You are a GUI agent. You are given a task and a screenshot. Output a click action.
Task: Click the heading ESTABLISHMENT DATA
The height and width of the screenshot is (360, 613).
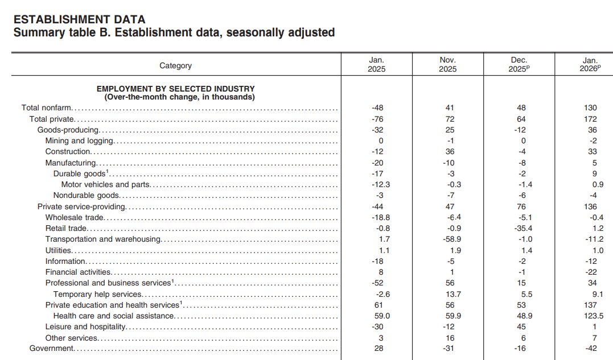coord(79,20)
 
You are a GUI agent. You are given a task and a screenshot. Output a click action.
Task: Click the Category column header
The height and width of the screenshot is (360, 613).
coord(175,66)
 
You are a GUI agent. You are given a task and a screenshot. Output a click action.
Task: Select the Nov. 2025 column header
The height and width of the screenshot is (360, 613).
coord(448,64)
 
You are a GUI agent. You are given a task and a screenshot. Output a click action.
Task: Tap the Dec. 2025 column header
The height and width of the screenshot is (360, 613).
coord(520,64)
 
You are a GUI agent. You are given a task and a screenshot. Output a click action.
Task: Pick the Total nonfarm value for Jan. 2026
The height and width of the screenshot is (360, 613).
coord(590,108)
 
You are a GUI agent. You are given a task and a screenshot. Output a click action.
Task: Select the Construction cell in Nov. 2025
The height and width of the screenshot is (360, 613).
coord(448,152)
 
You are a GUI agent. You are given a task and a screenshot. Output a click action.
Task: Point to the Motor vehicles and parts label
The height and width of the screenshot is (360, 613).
coord(105,184)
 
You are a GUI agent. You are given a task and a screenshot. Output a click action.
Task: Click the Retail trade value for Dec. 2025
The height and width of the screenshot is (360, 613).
coord(520,229)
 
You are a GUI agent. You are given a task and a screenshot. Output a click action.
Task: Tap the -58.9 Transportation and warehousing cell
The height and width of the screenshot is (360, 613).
coord(448,239)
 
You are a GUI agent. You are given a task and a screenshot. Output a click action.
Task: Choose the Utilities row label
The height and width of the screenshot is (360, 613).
coord(59,250)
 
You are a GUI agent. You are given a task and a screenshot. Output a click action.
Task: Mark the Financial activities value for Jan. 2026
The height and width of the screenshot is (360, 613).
coord(590,272)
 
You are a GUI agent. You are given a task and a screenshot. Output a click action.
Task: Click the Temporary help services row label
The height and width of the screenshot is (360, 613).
coord(97,294)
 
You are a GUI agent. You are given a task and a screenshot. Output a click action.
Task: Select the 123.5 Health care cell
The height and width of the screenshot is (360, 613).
coord(590,316)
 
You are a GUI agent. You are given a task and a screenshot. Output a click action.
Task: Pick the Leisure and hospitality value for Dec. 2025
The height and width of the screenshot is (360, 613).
coord(520,327)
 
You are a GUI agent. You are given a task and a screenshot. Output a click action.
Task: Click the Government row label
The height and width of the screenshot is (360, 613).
coord(52,349)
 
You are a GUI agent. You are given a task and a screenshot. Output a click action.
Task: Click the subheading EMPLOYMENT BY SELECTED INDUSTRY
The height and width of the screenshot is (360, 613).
coord(175,89)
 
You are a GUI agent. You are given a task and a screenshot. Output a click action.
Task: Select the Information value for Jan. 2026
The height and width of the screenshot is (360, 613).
coord(590,262)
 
